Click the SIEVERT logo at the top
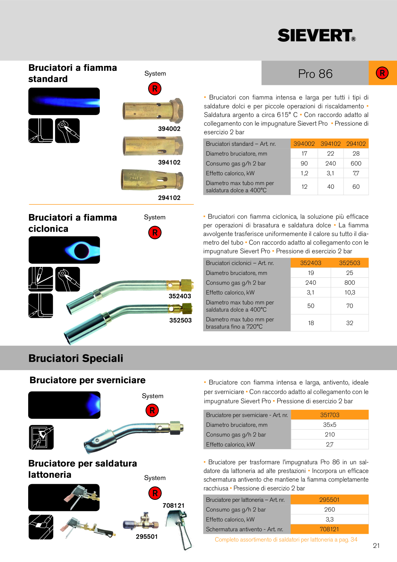pos(316,35)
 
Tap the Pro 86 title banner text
pos(315,74)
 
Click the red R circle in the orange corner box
pos(382,73)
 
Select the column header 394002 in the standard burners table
pos(304,144)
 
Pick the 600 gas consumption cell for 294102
pos(356,163)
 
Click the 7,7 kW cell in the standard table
pos(356,173)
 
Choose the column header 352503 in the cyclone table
pos(350,263)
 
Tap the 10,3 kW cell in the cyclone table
pos(350,293)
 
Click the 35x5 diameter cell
pos(330,425)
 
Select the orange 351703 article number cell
pos(330,415)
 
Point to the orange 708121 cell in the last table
pos(329,529)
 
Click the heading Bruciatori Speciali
pos(76,358)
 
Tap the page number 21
pos(376,546)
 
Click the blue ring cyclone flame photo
pos(64,250)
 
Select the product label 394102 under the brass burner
pos(169,162)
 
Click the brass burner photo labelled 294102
pos(152,180)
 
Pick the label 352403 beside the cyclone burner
pos(180,296)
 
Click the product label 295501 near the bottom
pos(147,537)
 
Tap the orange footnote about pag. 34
pos(286,540)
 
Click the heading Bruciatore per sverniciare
pos(87,380)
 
